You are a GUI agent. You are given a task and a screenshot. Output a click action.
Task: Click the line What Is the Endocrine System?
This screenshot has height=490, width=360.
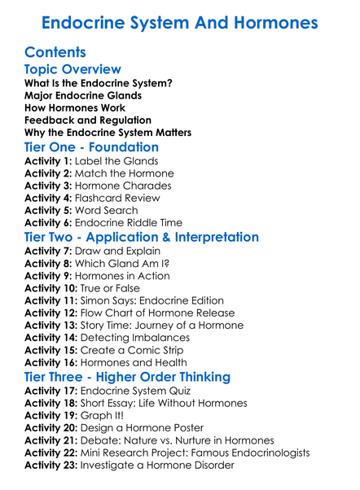(x=98, y=83)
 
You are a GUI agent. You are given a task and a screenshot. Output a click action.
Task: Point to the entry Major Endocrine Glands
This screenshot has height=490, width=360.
(x=83, y=95)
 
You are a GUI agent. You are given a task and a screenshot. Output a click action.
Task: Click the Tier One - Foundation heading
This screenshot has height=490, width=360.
(x=91, y=147)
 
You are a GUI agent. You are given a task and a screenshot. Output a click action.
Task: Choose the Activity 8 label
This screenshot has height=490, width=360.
(x=48, y=263)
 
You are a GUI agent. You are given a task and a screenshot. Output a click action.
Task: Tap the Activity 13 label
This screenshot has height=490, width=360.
(x=51, y=325)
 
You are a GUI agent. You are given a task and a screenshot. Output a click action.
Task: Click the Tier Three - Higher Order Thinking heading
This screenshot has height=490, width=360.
(x=138, y=377)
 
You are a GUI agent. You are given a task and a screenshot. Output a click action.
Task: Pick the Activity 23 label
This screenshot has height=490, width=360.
(x=51, y=465)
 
